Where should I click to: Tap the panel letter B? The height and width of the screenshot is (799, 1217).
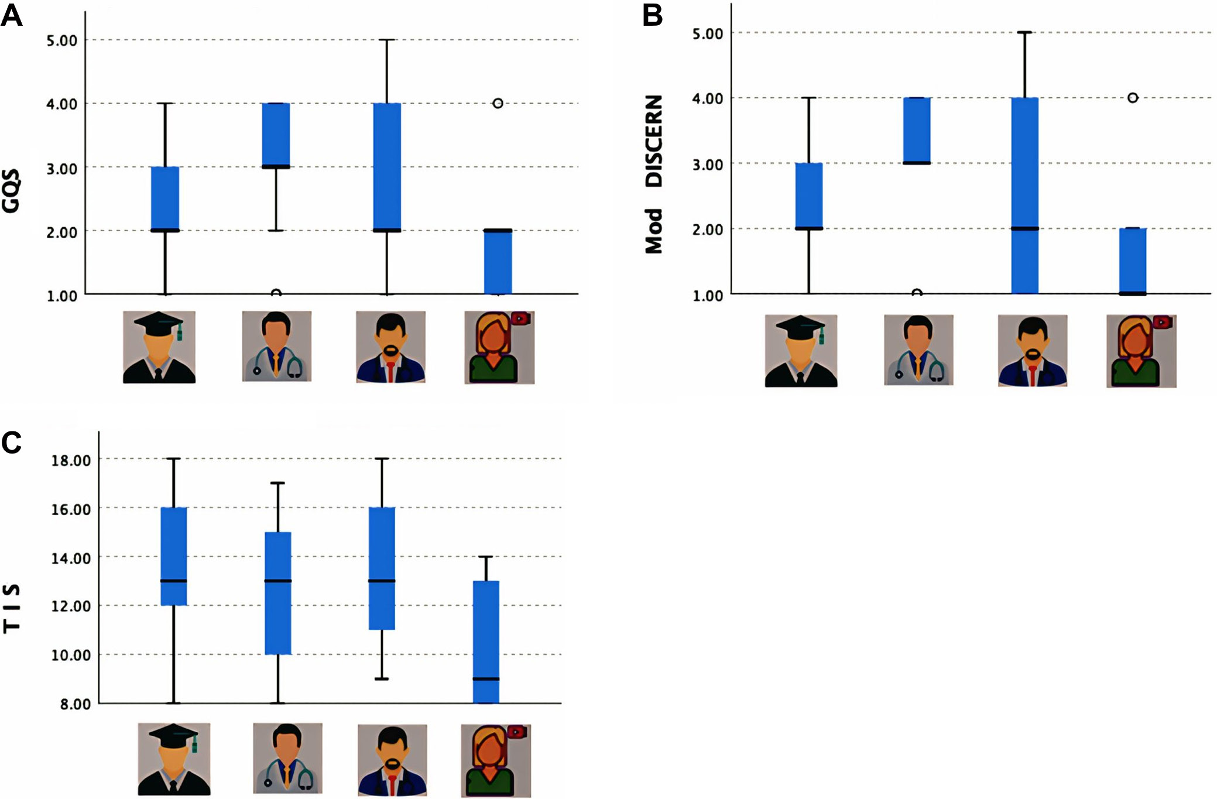pos(652,16)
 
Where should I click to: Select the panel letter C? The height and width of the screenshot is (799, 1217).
pos(11,443)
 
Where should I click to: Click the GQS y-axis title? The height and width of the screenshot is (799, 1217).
pos(11,190)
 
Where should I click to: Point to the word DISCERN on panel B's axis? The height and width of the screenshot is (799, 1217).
pos(653,141)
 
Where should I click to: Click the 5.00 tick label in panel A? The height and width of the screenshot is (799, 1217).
pos(62,41)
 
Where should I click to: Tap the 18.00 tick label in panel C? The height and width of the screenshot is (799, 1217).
pos(71,461)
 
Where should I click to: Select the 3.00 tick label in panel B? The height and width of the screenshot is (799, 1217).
pos(707,164)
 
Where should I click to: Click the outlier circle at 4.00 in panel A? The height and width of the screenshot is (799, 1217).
pos(498,104)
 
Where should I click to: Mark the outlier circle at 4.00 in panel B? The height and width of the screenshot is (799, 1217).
pos(1133,98)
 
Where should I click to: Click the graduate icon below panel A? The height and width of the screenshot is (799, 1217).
pos(159,347)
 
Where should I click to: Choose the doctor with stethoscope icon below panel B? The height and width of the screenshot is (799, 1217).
pos(918,350)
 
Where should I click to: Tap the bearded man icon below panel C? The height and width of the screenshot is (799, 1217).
pos(392,760)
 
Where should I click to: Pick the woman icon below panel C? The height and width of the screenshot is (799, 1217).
pos(495,760)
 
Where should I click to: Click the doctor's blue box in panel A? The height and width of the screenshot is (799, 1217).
pos(276,135)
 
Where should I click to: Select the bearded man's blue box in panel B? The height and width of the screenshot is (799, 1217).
pos(1024,196)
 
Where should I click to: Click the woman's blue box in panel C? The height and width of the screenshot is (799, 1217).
pos(486,642)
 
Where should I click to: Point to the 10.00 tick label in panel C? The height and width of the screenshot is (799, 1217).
pos(71,656)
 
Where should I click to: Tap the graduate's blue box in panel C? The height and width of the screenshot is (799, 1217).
pos(174,556)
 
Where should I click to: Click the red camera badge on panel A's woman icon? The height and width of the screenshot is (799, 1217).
pos(520,318)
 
